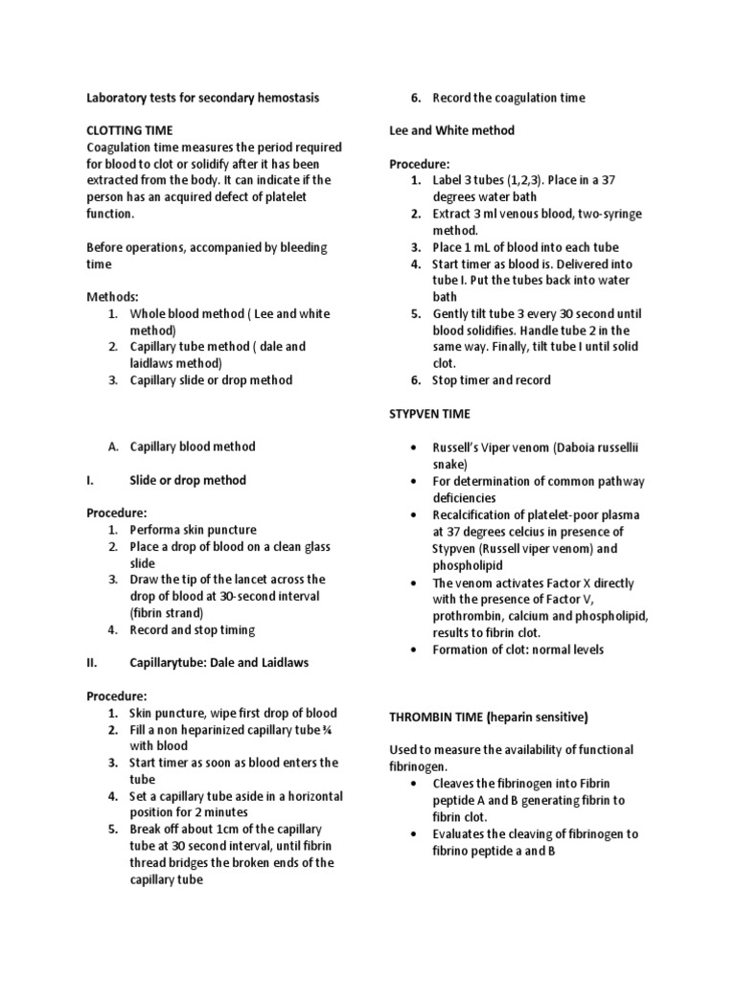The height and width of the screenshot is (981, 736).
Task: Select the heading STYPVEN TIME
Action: [x=430, y=414]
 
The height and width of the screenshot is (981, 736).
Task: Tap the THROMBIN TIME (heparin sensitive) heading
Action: [x=488, y=717]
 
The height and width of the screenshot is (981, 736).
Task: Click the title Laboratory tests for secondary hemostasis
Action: [x=203, y=98]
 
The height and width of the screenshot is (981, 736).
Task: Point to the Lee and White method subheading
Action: [x=451, y=130]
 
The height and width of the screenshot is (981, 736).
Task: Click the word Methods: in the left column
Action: [x=113, y=297]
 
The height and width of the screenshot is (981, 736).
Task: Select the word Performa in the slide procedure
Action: [x=155, y=530]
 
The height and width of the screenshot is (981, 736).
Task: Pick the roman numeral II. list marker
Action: [x=93, y=663]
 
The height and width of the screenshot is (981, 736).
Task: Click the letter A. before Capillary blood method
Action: [x=113, y=446]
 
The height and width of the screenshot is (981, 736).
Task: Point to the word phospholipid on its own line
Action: [x=467, y=565]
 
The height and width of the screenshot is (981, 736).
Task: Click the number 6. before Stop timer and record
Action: [x=416, y=380]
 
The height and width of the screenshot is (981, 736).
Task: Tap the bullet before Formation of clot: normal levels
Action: [x=413, y=650]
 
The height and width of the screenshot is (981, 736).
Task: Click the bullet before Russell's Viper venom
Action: [x=413, y=447]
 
